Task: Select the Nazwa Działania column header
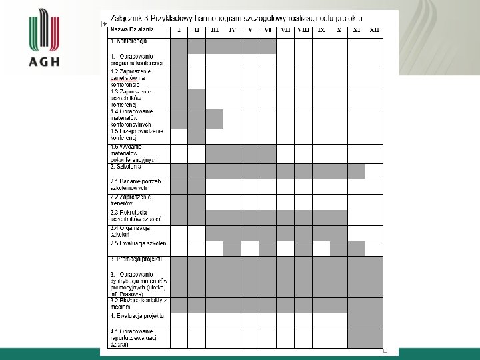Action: point(132,30)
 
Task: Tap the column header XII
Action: point(375,30)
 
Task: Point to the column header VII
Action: point(285,30)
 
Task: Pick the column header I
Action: point(179,30)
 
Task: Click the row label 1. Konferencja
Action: point(129,41)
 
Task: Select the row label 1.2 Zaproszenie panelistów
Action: point(131,78)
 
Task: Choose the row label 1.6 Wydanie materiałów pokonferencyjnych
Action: point(133,153)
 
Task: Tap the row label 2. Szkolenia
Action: point(125,167)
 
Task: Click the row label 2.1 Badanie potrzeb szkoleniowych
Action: point(136,185)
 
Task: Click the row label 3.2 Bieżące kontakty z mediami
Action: point(139,304)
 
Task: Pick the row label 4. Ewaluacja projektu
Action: point(137,315)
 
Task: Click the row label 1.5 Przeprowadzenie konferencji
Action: point(136,134)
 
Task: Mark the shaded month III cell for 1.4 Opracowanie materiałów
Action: point(214,118)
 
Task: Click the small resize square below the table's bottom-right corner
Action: point(385,351)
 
